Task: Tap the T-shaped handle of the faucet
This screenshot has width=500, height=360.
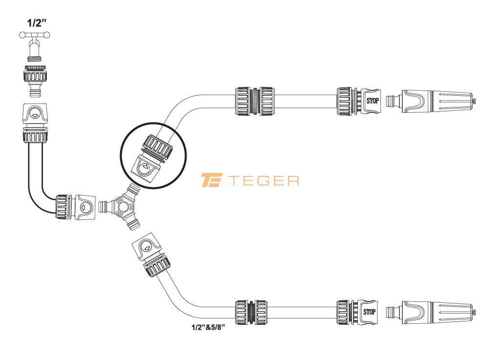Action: click(x=35, y=35)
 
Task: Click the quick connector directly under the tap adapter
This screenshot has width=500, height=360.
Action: click(x=35, y=123)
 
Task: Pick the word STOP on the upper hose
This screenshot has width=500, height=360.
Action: click(x=373, y=101)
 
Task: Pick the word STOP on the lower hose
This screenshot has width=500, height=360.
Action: click(x=369, y=312)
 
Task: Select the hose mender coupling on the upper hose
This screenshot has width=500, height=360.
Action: click(x=254, y=101)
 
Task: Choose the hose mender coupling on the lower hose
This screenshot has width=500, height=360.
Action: click(x=251, y=312)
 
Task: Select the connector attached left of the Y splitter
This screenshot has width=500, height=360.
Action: click(x=75, y=207)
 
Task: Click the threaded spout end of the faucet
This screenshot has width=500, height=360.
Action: click(x=35, y=59)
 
